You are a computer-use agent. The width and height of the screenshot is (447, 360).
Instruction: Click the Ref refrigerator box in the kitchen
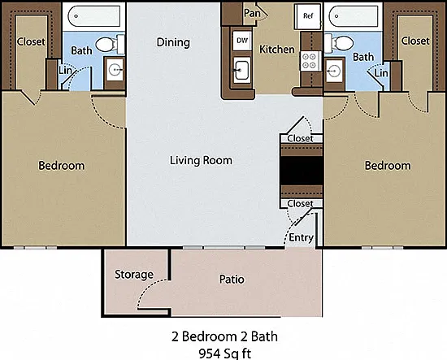coord(308,16)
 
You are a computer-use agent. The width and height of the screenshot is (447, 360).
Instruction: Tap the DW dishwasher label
coord(242,41)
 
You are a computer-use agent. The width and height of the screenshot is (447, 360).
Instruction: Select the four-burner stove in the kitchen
coord(309,61)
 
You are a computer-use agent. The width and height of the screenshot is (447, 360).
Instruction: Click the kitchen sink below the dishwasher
coord(242,70)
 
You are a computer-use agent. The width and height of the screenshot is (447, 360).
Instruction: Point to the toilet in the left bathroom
coord(110,45)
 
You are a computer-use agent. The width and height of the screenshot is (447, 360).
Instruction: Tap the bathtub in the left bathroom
coord(94,16)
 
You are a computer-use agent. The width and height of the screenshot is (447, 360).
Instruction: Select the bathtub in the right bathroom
coord(354,16)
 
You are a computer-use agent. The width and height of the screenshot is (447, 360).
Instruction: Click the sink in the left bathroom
coord(115,70)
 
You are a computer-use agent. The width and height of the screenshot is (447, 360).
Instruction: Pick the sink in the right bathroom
coord(334,70)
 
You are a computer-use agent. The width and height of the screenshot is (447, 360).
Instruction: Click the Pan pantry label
coord(252,13)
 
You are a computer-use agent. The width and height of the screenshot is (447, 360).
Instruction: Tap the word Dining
coord(173,43)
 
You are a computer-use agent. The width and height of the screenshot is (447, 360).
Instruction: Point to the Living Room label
coord(201,160)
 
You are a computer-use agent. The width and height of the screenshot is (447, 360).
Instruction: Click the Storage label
coord(134,275)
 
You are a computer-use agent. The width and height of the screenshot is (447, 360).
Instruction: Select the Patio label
coord(232,280)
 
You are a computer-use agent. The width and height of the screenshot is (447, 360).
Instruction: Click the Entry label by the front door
coord(301,237)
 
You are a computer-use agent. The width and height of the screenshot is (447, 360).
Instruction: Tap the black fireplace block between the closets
coord(302,171)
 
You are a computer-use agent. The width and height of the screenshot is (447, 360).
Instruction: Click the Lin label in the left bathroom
coord(65,70)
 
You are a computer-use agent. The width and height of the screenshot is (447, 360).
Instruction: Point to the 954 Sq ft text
coord(225,353)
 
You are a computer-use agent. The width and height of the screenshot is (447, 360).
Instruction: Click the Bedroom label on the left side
coord(62,166)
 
